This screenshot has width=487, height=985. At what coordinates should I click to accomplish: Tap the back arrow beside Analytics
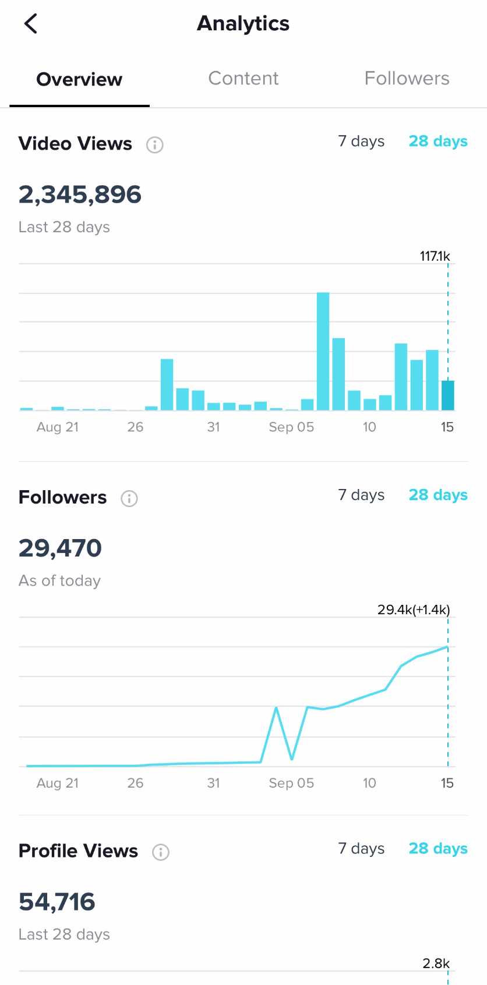(31, 24)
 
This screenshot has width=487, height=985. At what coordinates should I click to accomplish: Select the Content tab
(243, 79)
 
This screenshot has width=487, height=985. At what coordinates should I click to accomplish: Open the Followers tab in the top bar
(407, 79)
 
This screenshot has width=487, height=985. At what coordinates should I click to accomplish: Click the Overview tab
(79, 80)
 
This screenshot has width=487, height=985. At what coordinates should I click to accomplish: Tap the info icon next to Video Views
(154, 144)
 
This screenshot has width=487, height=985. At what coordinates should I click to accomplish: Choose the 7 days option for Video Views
(361, 141)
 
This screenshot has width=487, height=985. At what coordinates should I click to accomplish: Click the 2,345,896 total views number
(80, 194)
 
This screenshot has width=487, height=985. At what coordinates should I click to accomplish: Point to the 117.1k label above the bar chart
(435, 256)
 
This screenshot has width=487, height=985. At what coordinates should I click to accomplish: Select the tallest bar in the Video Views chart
(323, 351)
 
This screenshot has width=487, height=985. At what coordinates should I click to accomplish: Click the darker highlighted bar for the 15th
(447, 395)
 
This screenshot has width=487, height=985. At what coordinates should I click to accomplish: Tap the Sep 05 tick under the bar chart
(291, 427)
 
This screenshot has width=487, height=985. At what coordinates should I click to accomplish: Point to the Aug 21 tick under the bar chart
(57, 427)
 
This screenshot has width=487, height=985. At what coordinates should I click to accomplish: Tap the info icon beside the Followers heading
(129, 498)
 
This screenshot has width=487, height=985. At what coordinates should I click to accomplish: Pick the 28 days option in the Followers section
(438, 495)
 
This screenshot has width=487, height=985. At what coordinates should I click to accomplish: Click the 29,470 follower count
(60, 548)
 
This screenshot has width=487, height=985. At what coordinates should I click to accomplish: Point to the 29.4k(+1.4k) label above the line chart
(414, 610)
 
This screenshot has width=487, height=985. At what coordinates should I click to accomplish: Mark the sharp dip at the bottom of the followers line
(291, 759)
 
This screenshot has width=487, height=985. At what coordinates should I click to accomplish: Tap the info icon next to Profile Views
(161, 852)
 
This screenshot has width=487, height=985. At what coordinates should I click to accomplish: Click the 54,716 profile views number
(57, 902)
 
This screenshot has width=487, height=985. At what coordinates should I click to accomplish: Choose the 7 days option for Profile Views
(361, 849)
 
